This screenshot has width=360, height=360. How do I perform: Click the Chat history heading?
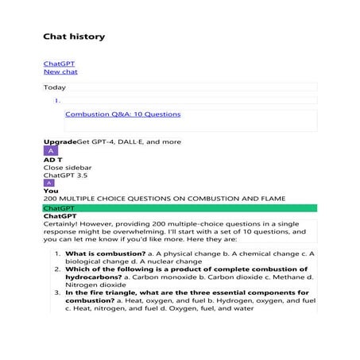[73, 37]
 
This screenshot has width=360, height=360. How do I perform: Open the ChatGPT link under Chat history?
[59, 63]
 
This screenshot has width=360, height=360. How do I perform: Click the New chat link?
[60, 72]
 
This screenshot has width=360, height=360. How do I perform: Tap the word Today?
[55, 87]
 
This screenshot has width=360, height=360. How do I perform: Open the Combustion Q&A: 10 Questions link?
[122, 114]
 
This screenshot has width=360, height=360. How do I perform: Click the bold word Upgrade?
[60, 141]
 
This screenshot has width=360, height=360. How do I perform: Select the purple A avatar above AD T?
[51, 150]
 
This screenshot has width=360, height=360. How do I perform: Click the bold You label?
[50, 191]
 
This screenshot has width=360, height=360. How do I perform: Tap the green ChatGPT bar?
[180, 207]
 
